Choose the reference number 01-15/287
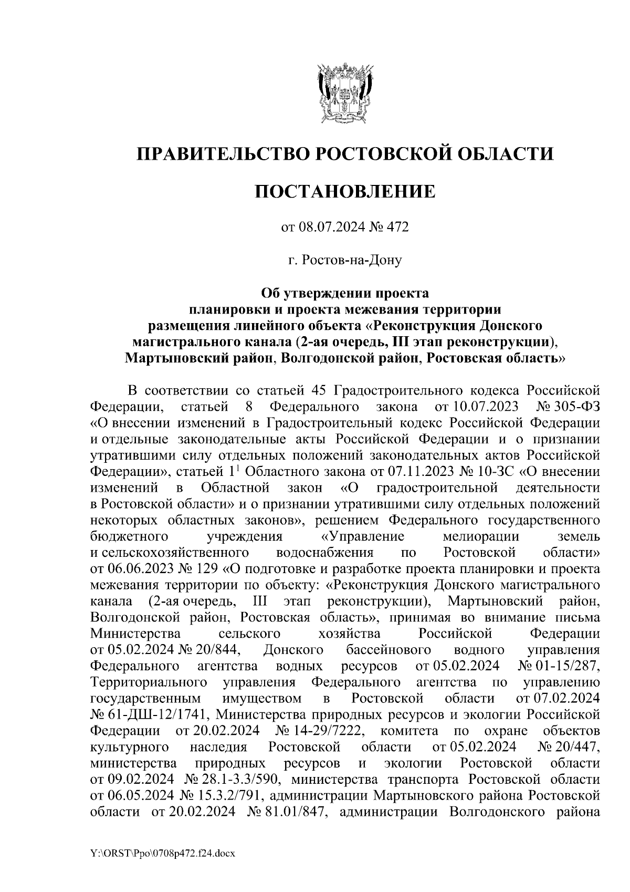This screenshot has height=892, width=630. (x=569, y=666)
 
